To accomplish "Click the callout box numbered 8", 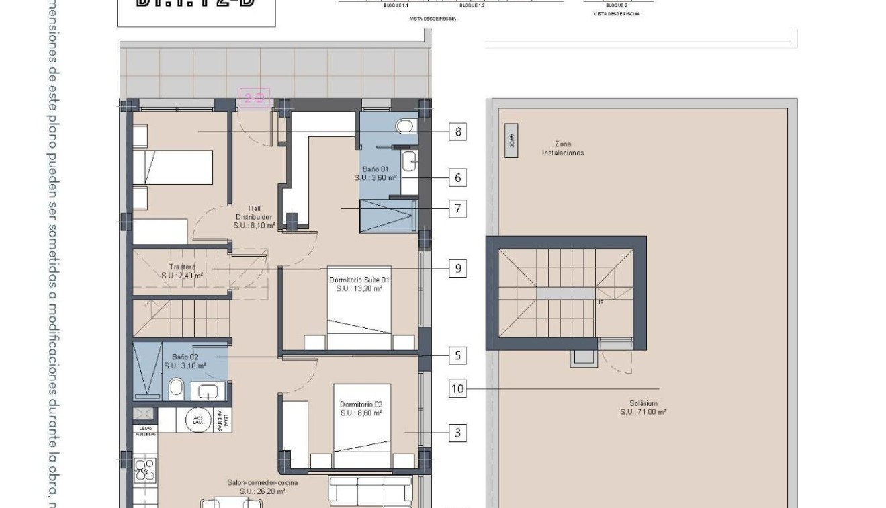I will (x=458, y=132).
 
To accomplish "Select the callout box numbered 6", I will (x=458, y=178).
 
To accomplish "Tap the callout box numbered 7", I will (x=458, y=209).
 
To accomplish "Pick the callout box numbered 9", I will (x=458, y=269).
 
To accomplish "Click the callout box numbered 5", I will (x=458, y=355).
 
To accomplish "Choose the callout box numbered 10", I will (x=457, y=388).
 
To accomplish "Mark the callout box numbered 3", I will (x=458, y=433).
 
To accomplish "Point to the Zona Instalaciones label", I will (x=563, y=149).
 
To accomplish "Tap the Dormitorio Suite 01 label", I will (x=359, y=284).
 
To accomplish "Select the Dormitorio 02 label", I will (x=361, y=409).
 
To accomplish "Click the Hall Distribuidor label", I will (x=254, y=217).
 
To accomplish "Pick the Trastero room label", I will (x=182, y=271).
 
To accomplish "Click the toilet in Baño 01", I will (x=405, y=126).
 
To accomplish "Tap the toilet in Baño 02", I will (x=177, y=388).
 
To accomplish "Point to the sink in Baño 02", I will (x=209, y=390).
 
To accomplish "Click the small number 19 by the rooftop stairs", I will (x=601, y=303).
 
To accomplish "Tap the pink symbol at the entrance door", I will (x=254, y=99).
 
